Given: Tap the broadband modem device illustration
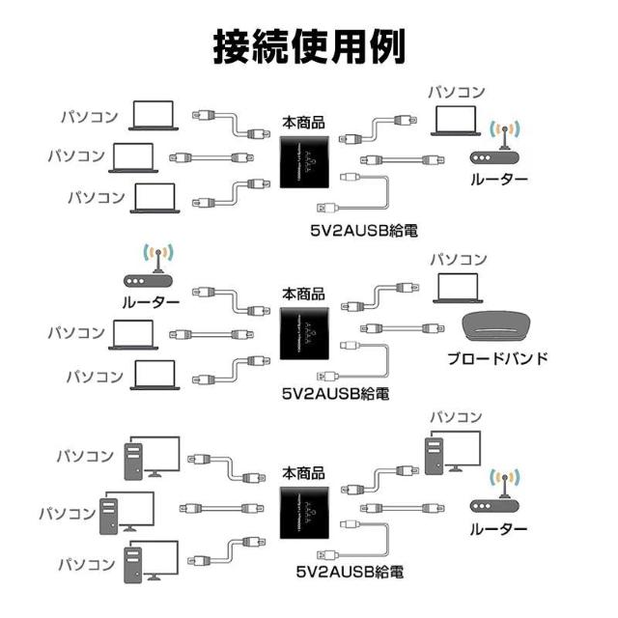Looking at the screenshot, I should (x=500, y=327).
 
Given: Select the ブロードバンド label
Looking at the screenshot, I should (x=498, y=358).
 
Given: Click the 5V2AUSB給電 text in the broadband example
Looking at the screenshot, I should (x=335, y=394).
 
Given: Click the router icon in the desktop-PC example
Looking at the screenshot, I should (x=499, y=495).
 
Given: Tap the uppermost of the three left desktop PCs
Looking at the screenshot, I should (x=151, y=457).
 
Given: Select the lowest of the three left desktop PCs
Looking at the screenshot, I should (x=151, y=561).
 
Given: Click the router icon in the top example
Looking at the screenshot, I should (x=499, y=146).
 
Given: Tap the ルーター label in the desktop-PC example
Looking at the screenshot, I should (x=498, y=529).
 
